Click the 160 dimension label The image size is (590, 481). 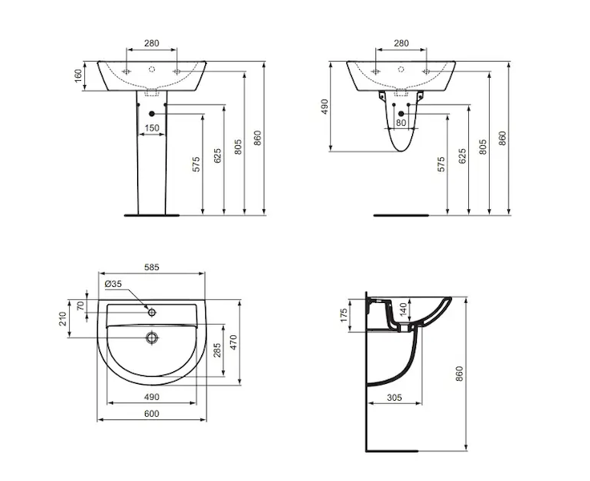point(78,75)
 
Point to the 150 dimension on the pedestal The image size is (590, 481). point(152,128)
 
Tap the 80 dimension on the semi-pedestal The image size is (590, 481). point(401,123)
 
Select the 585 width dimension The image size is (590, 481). point(152,267)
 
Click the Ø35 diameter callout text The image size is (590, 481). point(113,284)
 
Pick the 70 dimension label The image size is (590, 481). point(80,305)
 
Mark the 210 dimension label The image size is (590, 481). point(63,319)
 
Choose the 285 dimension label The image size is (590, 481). point(217,350)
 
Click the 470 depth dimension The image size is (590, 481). point(233,342)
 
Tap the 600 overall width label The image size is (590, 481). point(152,414)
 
